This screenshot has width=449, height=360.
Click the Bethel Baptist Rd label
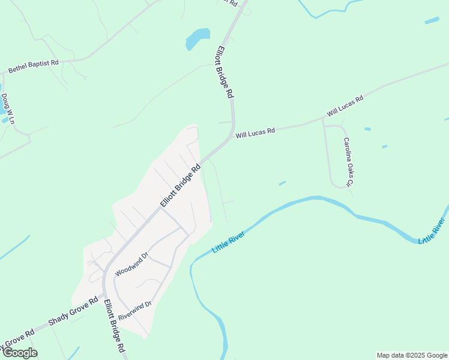coord(34,66)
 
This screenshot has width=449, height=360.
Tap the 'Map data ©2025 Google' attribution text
coord(412,355)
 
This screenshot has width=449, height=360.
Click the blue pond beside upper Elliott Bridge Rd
coord(197,38)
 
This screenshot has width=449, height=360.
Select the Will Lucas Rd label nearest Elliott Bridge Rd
coord(255,132)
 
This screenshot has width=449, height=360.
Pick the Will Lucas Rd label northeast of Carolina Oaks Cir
coord(345,106)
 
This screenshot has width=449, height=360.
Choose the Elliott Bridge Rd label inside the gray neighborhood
coord(179,186)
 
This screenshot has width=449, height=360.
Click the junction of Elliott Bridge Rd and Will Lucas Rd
coord(231,136)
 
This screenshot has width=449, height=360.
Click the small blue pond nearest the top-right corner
coord(432,20)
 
